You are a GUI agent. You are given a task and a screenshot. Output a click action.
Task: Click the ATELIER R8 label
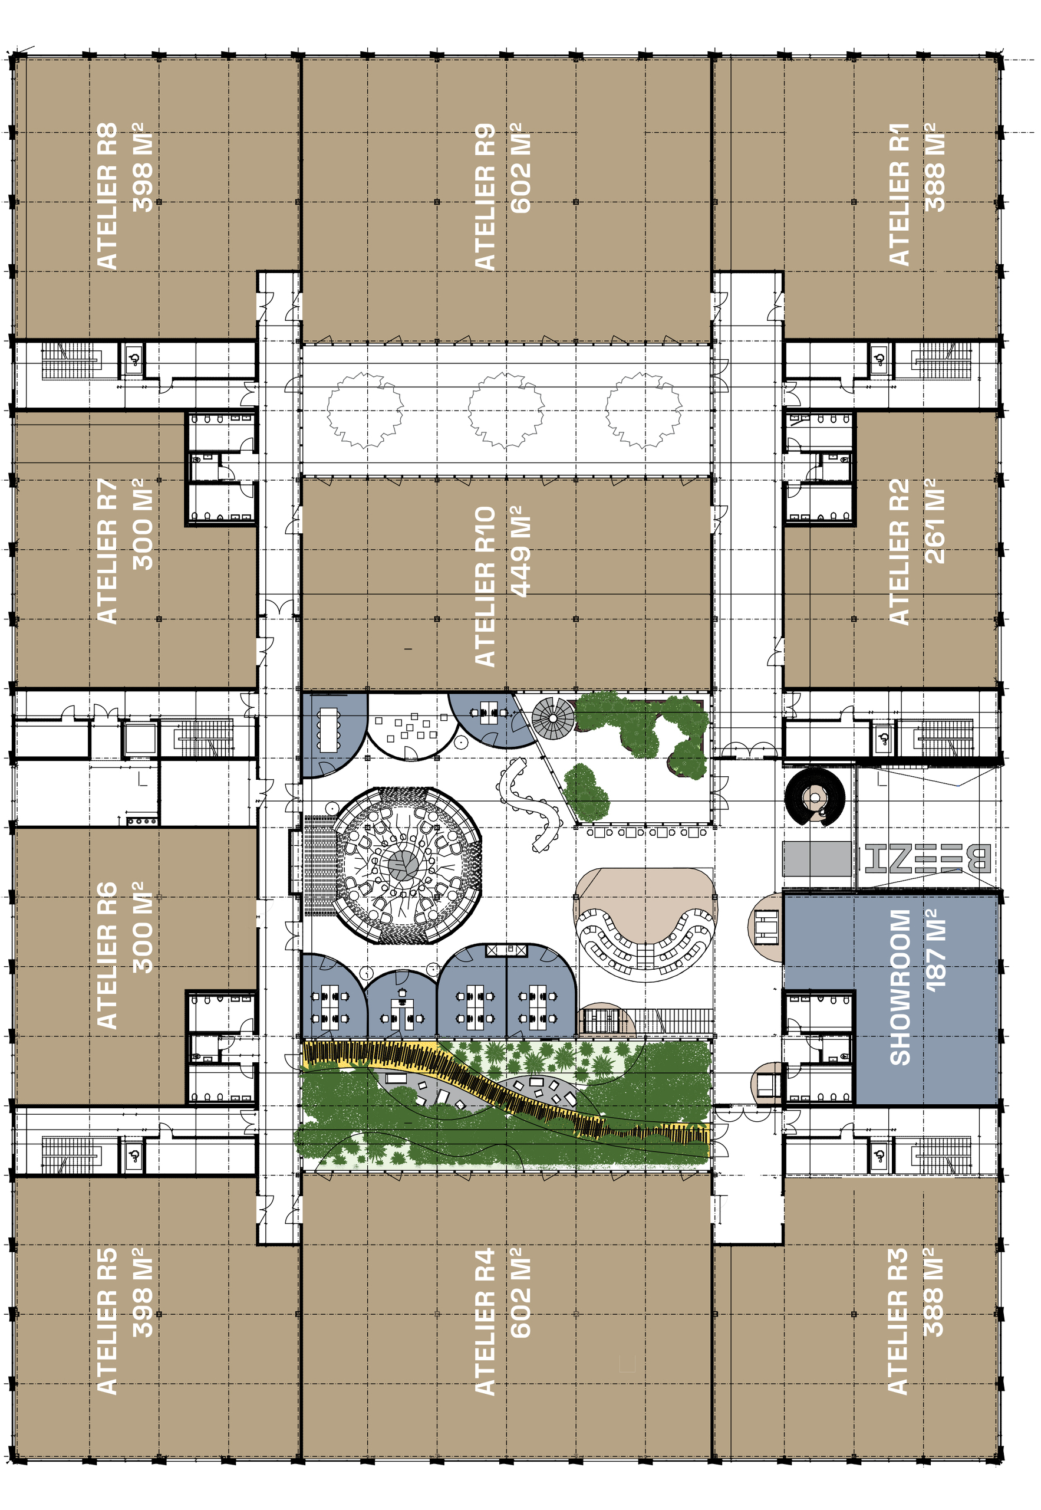[x=106, y=196]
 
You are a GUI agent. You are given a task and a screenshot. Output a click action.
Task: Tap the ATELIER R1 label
[x=899, y=195]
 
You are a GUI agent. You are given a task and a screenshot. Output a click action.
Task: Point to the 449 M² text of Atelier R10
[x=520, y=552]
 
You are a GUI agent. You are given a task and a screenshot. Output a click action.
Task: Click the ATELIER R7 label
[x=106, y=552]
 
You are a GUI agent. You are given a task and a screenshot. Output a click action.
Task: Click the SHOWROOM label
[x=900, y=987]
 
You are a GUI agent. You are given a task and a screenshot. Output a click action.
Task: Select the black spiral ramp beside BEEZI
[x=815, y=797]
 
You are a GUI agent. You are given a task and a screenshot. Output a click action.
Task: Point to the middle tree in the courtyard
[x=506, y=410]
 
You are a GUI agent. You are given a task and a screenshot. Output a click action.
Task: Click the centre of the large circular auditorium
[x=404, y=864]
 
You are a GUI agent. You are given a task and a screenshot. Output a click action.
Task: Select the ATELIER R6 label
[x=106, y=956]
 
